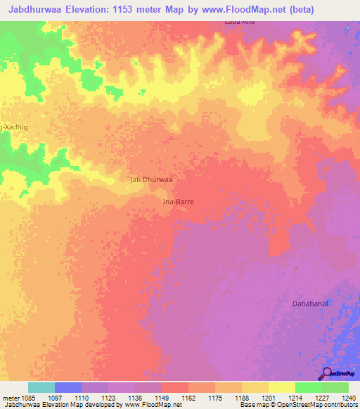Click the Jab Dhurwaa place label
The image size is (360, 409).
point(151,179)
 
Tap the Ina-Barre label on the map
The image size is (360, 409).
point(178,201)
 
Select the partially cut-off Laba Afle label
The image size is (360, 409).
point(239,22)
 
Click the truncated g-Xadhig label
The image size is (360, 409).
point(14,126)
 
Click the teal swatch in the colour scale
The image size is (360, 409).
point(41,387)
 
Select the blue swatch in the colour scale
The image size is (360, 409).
point(68,387)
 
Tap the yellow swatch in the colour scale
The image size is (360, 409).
point(282,387)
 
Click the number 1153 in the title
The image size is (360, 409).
point(126,9)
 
